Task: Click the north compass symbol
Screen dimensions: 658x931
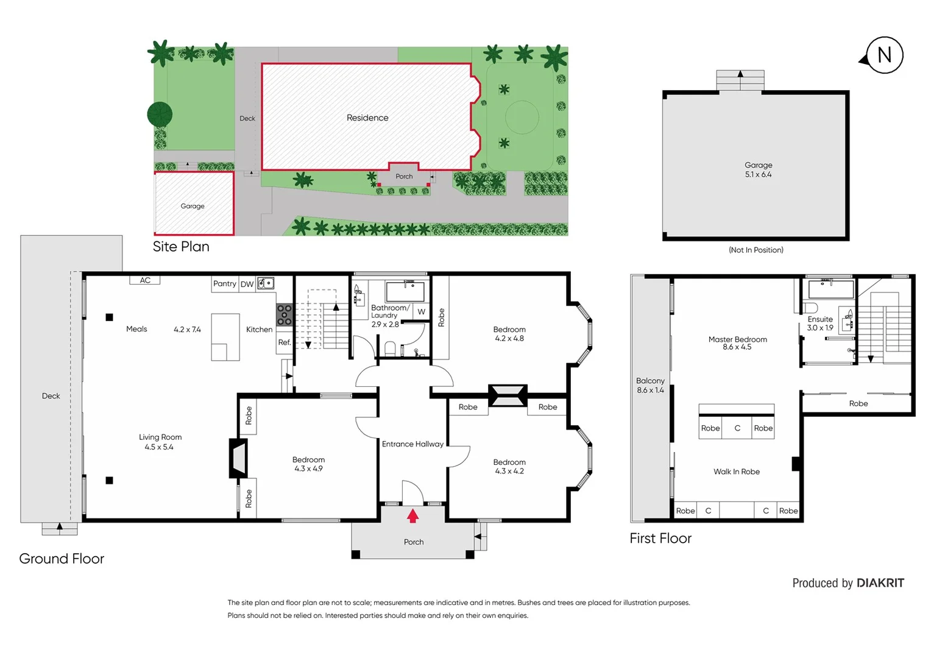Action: pyautogui.click(x=883, y=55)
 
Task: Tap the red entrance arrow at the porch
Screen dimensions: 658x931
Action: pyautogui.click(x=412, y=516)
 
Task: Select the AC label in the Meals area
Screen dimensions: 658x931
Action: pyautogui.click(x=145, y=280)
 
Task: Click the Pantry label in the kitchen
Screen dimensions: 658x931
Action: pyautogui.click(x=224, y=283)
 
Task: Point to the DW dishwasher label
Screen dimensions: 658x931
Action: pyautogui.click(x=247, y=284)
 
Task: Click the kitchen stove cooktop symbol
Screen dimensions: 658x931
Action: pyautogui.click(x=284, y=314)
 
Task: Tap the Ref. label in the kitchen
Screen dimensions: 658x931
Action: pyautogui.click(x=284, y=342)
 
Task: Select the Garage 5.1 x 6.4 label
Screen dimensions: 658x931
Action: pyautogui.click(x=758, y=170)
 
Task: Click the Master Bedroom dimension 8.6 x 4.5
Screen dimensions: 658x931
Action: pyautogui.click(x=737, y=347)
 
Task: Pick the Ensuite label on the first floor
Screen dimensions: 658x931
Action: pyautogui.click(x=819, y=319)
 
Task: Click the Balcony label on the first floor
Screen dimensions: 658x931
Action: pyautogui.click(x=650, y=381)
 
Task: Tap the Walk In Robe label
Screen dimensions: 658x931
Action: pyautogui.click(x=736, y=472)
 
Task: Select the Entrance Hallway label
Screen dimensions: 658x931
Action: pyautogui.click(x=412, y=444)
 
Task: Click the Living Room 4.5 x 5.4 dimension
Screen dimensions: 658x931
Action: pyautogui.click(x=159, y=447)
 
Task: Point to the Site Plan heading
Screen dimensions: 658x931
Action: pyautogui.click(x=181, y=247)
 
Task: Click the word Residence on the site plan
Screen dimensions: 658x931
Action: pyautogui.click(x=367, y=118)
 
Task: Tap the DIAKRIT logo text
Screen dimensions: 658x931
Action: pyautogui.click(x=880, y=583)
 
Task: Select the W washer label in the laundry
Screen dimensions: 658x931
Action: pyautogui.click(x=421, y=311)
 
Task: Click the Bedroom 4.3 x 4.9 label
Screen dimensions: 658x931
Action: pyautogui.click(x=308, y=464)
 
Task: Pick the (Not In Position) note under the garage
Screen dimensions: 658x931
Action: pyautogui.click(x=756, y=250)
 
